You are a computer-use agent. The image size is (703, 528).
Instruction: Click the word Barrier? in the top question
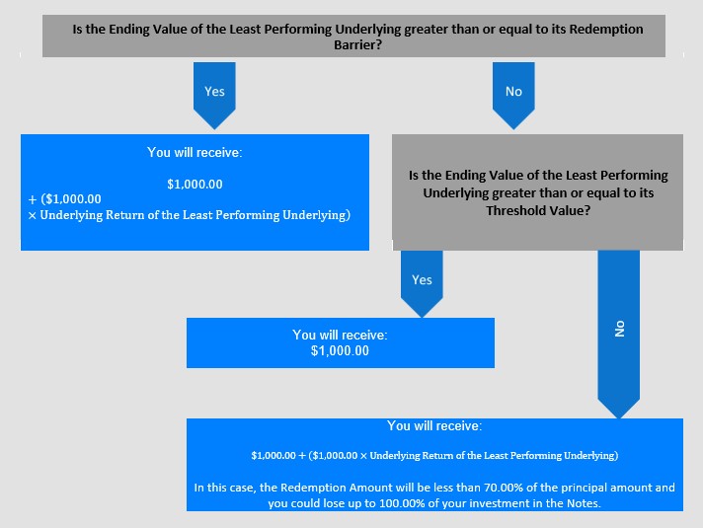click(357, 44)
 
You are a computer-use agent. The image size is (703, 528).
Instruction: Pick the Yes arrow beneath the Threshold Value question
click(422, 283)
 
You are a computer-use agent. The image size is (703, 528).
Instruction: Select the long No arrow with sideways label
click(619, 334)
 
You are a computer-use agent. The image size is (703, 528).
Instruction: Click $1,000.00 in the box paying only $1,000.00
click(340, 350)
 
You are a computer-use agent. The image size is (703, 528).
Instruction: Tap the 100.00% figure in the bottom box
click(402, 503)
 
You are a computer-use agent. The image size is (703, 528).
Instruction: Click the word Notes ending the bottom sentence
click(583, 503)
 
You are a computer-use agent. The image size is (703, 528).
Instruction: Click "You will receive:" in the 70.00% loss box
click(434, 425)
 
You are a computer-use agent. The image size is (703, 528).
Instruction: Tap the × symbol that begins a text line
click(32, 215)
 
